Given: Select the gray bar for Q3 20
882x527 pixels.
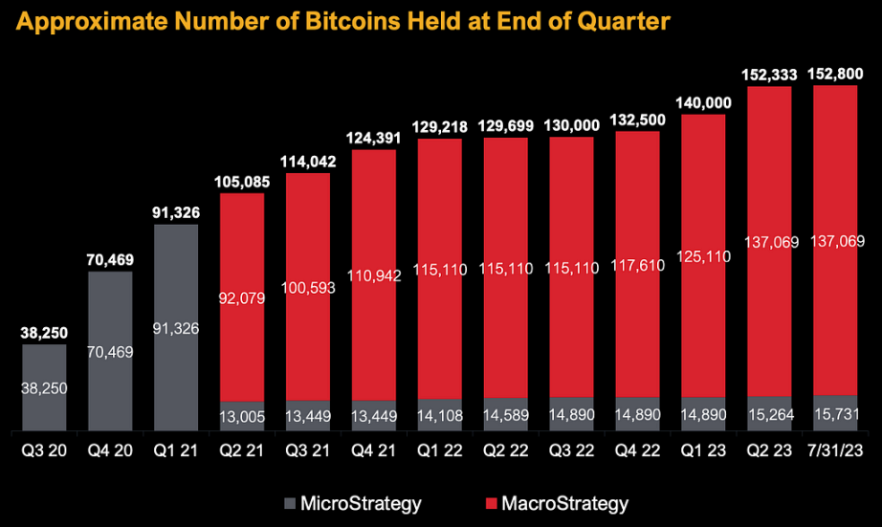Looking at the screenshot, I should point(44,387).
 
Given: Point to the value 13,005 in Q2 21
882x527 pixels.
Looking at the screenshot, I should point(241,414).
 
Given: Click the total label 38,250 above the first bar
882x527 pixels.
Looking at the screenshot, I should point(44,334).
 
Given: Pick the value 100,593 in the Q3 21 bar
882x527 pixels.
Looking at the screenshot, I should point(308,287).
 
